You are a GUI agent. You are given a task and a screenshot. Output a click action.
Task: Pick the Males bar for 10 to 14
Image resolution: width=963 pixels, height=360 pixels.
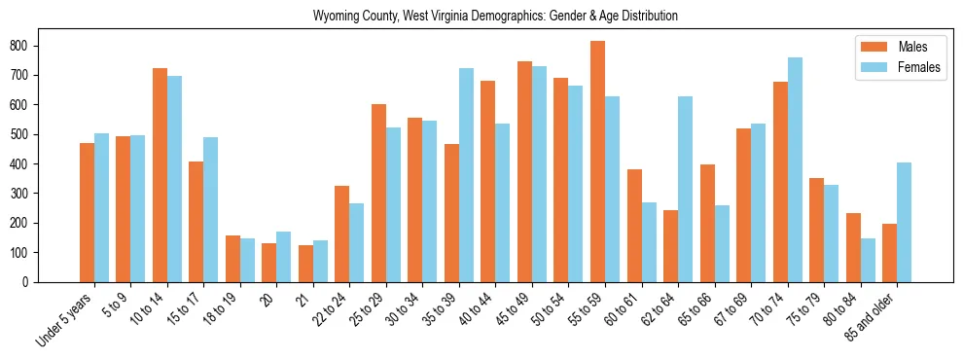coord(160,175)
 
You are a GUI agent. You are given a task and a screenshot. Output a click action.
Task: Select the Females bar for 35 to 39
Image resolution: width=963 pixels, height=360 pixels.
coord(466,175)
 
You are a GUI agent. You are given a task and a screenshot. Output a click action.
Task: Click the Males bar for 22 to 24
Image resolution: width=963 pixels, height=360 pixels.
coord(342,234)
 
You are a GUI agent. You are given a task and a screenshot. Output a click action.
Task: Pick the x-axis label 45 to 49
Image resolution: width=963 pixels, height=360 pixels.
coord(514,310)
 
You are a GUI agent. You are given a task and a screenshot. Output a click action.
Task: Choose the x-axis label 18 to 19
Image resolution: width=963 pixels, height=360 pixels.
coord(222,310)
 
